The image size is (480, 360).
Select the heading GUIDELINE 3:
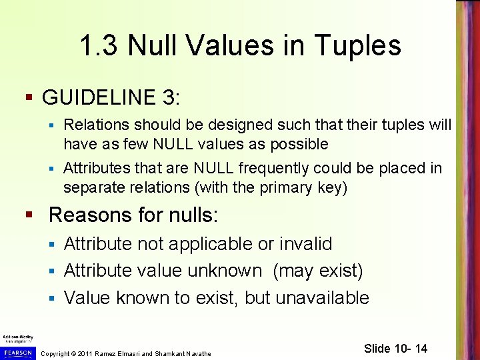pyautogui.click(x=111, y=97)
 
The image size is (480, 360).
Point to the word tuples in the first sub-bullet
pyautogui.click(x=407, y=125)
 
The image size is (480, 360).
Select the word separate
pyautogui.click(x=91, y=187)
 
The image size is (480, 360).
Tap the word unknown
pyautogui.click(x=225, y=271)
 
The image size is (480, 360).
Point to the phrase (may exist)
pyautogui.click(x=318, y=271)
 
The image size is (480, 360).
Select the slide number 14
pyautogui.click(x=419, y=349)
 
